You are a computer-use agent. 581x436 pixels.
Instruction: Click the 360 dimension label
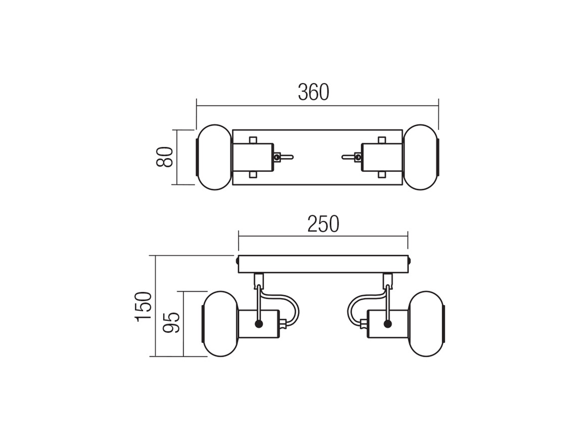(x=313, y=92)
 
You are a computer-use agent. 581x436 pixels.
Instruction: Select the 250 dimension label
(x=323, y=224)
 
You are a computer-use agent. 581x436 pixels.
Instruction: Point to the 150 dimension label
(x=144, y=307)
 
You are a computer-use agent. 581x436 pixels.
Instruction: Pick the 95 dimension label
(x=172, y=322)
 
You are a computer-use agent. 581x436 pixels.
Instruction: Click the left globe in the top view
(x=214, y=157)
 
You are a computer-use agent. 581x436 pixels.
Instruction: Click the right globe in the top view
(x=421, y=157)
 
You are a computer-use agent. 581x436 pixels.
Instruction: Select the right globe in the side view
(x=426, y=323)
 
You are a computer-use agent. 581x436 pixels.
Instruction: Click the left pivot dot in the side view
(x=259, y=324)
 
